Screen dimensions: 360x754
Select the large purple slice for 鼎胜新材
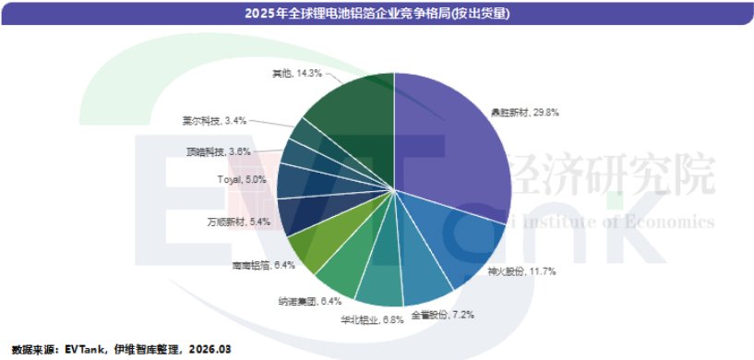coord(452,148)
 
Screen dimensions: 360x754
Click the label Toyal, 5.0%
coord(242,179)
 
